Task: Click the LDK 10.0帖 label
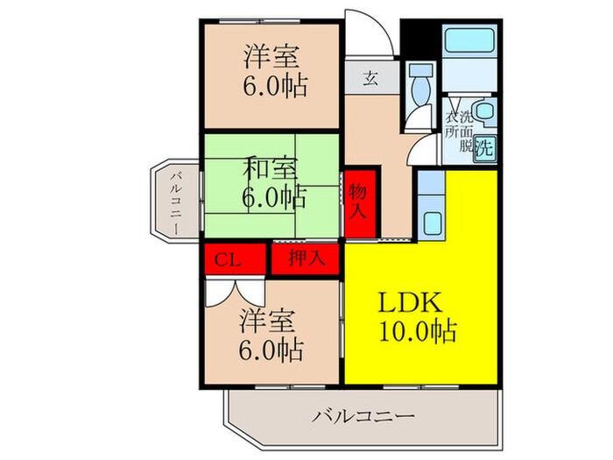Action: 416,317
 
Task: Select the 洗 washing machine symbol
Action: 483,147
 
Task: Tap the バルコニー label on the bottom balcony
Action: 363,416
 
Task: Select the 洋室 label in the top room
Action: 271,59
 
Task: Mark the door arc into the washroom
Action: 422,145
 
